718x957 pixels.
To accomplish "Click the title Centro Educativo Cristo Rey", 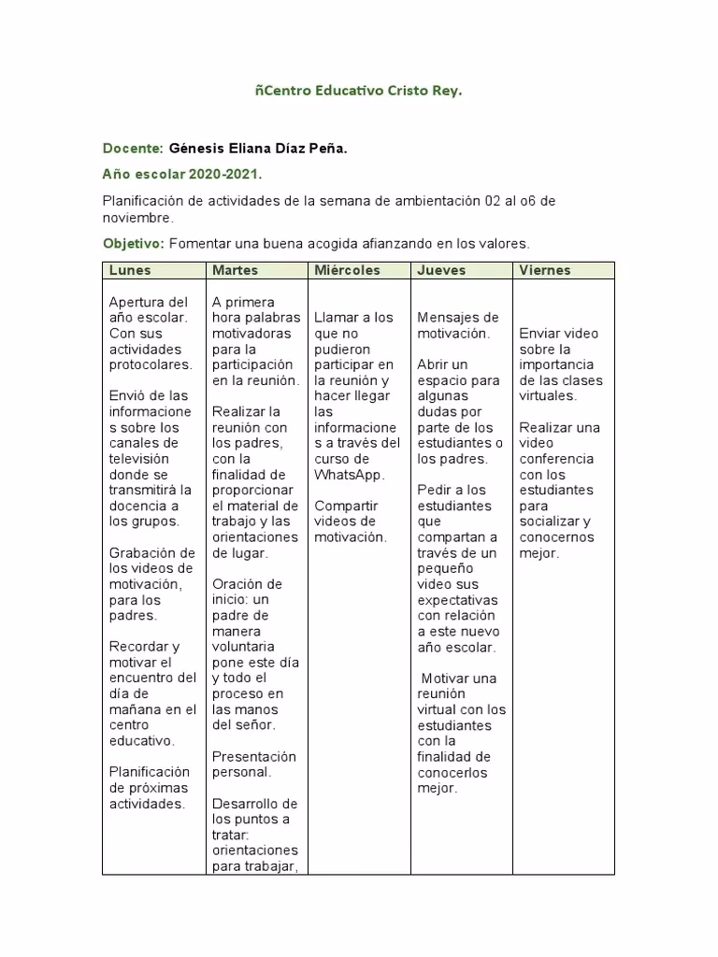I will click(x=359, y=92).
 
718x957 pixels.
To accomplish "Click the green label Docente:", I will click(x=133, y=149).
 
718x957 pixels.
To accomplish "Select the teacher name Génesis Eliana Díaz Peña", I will click(x=258, y=149).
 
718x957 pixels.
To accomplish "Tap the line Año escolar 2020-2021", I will click(x=182, y=175).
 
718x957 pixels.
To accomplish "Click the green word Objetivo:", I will click(x=133, y=244).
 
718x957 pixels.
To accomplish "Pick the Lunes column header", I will click(x=130, y=270).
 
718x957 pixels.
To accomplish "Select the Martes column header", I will click(x=235, y=270).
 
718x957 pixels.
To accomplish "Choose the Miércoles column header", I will click(x=348, y=270).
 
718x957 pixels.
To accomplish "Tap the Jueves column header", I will click(x=441, y=270).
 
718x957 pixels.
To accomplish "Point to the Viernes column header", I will click(x=545, y=270).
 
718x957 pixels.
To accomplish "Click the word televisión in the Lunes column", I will click(x=139, y=459).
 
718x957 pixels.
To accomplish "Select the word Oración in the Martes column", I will click(x=235, y=584).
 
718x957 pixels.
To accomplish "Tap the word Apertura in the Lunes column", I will click(x=136, y=302).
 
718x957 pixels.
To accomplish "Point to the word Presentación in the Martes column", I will click(x=254, y=756).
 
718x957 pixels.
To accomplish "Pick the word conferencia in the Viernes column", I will click(x=556, y=459).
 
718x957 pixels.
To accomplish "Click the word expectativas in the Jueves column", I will click(x=457, y=600).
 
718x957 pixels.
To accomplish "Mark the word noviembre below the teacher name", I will click(x=136, y=218).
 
